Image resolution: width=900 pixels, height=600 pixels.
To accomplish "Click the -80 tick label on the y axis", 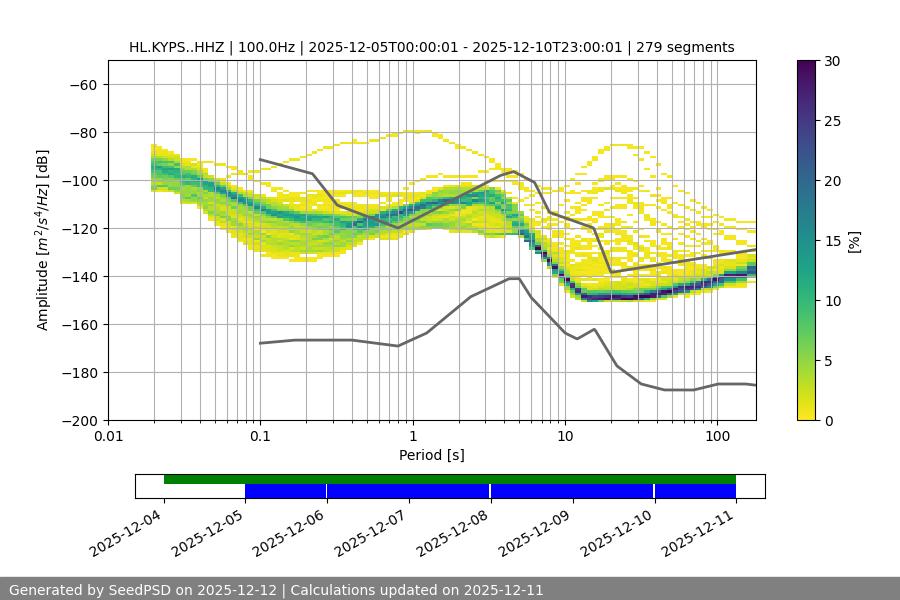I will [x=82, y=132].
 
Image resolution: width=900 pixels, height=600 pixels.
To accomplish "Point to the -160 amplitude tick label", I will [x=78, y=324].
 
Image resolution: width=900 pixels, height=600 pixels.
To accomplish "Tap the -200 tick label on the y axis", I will [x=78, y=420].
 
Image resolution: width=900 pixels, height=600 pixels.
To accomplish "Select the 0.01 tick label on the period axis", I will [x=108, y=437].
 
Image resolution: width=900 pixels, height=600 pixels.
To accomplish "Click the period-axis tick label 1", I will [x=413, y=437].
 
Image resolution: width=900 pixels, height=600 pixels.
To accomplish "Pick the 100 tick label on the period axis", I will [x=717, y=437].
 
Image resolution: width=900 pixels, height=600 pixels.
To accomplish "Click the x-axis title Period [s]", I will [x=432, y=455].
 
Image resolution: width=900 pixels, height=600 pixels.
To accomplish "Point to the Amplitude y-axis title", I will [x=43, y=240].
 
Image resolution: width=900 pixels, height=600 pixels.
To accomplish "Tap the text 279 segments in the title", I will [x=687, y=47].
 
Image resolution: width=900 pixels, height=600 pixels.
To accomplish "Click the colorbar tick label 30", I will [x=831, y=61].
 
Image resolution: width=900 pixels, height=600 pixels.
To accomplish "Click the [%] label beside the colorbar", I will [x=854, y=241].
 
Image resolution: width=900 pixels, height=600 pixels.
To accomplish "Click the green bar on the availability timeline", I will [x=450, y=479].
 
